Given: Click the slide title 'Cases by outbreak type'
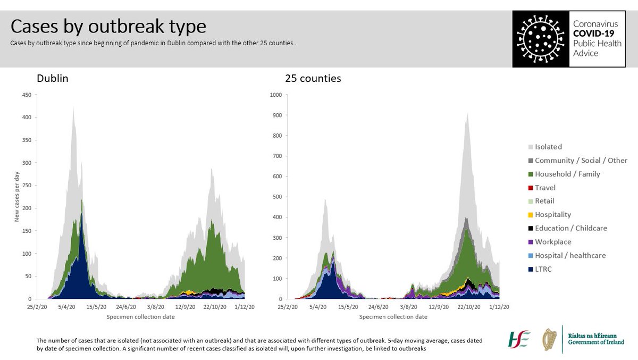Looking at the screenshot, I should click(x=108, y=27).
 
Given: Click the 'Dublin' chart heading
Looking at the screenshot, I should click(x=52, y=79).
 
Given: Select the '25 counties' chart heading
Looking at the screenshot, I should click(x=313, y=79).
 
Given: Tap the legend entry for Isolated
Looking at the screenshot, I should click(x=548, y=147).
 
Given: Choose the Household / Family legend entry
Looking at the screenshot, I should click(x=567, y=174).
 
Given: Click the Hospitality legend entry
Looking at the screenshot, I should click(x=553, y=214).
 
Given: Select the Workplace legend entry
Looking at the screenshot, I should click(x=552, y=241).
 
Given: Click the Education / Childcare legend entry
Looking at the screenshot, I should click(x=570, y=228).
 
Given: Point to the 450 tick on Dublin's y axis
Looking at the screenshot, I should click(x=26, y=95).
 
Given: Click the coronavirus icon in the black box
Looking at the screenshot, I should click(x=540, y=38).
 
